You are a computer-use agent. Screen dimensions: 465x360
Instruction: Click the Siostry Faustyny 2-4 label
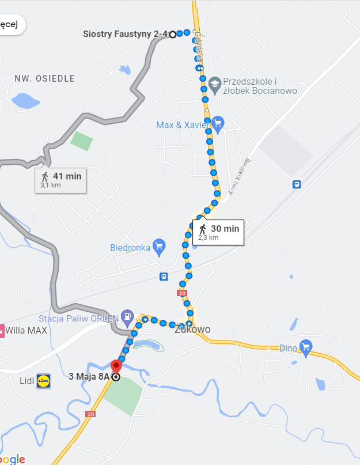pyautogui.click(x=125, y=35)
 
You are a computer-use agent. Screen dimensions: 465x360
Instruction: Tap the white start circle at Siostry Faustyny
pyautogui.click(x=172, y=35)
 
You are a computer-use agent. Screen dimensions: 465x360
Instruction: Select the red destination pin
pyautogui.click(x=116, y=366)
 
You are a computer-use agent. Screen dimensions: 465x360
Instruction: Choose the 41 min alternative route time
pyautogui.click(x=67, y=176)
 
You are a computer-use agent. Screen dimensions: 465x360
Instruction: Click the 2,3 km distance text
pyautogui.click(x=209, y=237)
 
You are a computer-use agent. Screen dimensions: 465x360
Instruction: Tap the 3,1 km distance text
pyautogui.click(x=51, y=185)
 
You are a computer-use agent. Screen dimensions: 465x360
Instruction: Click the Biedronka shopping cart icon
pyautogui.click(x=159, y=248)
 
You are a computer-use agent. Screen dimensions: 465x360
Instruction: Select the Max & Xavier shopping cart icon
pyautogui.click(x=217, y=124)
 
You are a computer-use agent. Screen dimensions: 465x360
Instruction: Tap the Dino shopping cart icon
pyautogui.click(x=305, y=348)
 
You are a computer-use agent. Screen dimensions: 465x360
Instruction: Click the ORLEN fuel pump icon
pyautogui.click(x=127, y=317)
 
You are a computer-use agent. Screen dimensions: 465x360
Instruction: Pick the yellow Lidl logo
pyautogui.click(x=43, y=380)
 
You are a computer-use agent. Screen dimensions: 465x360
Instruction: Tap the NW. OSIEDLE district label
pyautogui.click(x=45, y=79)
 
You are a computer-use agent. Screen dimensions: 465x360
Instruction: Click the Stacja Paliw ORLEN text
pyautogui.click(x=78, y=318)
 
